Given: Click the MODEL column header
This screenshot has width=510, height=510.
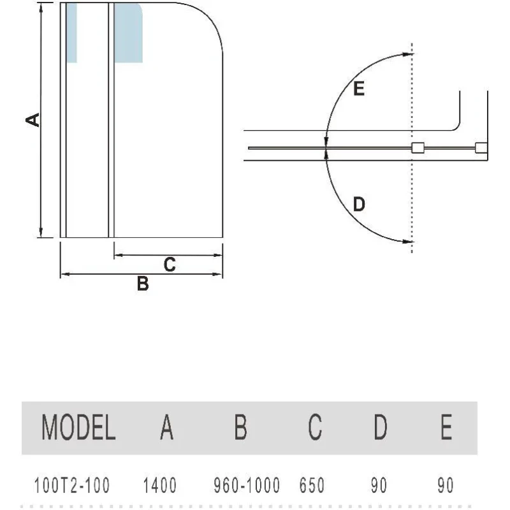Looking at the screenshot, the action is tap(78, 427).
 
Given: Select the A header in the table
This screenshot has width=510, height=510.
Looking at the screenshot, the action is tap(167, 427).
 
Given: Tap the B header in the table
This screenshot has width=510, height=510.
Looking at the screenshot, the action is tap(241, 427).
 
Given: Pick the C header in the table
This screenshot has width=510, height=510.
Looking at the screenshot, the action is tap(315, 427).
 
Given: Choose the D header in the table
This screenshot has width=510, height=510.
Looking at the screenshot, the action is tap(381, 427).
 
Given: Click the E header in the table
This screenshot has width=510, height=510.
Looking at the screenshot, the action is tap(447, 427).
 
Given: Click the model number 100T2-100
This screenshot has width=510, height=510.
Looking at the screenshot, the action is tap(72, 485).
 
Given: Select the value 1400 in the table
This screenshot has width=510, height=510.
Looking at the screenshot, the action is tap(160, 485).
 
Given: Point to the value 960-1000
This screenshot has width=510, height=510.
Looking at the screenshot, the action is tap(247, 485).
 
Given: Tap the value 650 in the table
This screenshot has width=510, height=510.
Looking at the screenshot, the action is tap(312, 485).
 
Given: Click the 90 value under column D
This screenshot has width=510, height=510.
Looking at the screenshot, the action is tap(379, 485).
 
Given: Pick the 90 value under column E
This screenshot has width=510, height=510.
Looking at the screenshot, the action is tap(445, 485).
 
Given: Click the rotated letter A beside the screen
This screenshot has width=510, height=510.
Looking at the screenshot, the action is tap(33, 120).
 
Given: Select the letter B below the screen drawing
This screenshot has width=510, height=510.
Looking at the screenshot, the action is tap(143, 283).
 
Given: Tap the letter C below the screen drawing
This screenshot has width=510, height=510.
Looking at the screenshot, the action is tap(170, 265).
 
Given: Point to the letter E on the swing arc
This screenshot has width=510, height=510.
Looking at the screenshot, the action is tap(359, 89).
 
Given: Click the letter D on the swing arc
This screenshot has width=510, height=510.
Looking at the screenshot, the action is tap(359, 204).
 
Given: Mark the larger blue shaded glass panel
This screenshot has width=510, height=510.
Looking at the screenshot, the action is tap(128, 33).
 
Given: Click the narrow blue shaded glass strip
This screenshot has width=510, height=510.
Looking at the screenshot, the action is tap(71, 33).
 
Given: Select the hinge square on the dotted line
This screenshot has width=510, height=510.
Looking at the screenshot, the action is tap(418, 148).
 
